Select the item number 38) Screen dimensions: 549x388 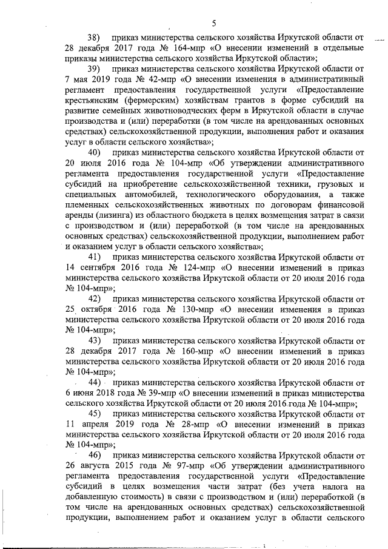pyautogui.click(x=96, y=37)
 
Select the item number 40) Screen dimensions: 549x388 pyautogui.click(x=96, y=152)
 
